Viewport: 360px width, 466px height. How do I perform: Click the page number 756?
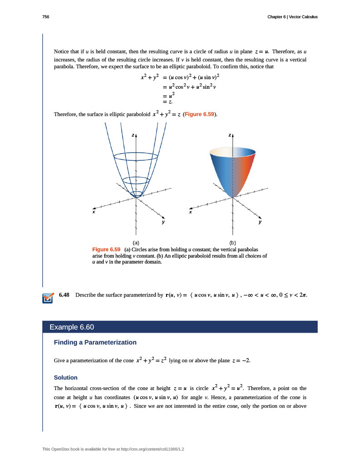coord(46,17)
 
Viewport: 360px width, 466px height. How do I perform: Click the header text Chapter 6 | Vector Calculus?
coord(292,17)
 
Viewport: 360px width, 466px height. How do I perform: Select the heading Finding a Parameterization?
coord(95,342)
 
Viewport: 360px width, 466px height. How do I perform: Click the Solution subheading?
coord(66,378)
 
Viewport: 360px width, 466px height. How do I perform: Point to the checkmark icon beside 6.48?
coord(47,298)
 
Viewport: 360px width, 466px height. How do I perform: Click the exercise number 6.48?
coord(64,295)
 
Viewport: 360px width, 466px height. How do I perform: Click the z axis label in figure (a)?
coord(133,135)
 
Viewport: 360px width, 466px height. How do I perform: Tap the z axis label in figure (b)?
coord(230,135)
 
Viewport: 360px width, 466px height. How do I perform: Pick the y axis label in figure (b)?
coord(260,223)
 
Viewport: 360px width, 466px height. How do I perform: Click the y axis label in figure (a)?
coord(162,223)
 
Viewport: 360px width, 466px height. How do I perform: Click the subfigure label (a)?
coord(136,243)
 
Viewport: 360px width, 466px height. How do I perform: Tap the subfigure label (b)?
coord(233,243)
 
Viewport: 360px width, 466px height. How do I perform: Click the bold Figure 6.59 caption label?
coord(106,249)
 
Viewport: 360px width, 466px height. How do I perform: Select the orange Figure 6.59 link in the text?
coord(200,114)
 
